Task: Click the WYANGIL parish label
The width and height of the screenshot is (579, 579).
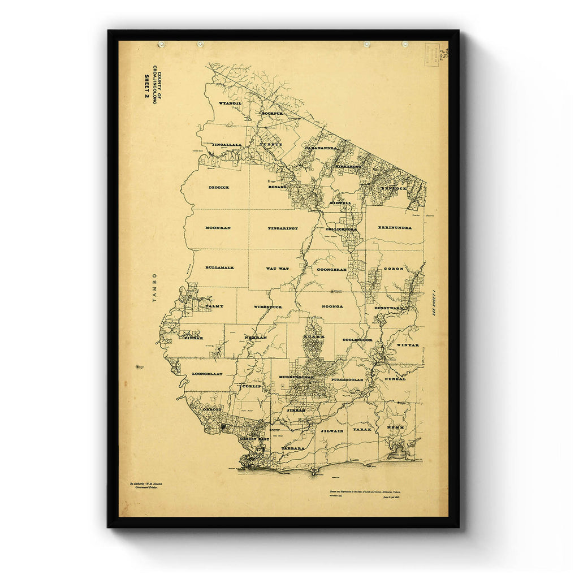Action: click(230, 103)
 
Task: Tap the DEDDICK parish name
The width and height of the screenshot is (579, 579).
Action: click(218, 187)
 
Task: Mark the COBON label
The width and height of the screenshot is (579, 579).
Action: click(394, 269)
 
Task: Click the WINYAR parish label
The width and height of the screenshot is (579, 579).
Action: click(407, 345)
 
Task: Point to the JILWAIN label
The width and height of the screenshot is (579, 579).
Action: click(332, 430)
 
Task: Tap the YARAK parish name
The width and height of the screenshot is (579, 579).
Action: click(361, 430)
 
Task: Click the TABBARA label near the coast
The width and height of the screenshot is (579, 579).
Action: click(293, 448)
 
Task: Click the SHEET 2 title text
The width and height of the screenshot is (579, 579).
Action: click(146, 89)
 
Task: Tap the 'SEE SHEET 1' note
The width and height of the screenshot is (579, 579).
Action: click(434, 303)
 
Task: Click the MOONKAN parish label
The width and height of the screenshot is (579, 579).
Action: click(218, 227)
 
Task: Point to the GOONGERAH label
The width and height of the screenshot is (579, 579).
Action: click(332, 269)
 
